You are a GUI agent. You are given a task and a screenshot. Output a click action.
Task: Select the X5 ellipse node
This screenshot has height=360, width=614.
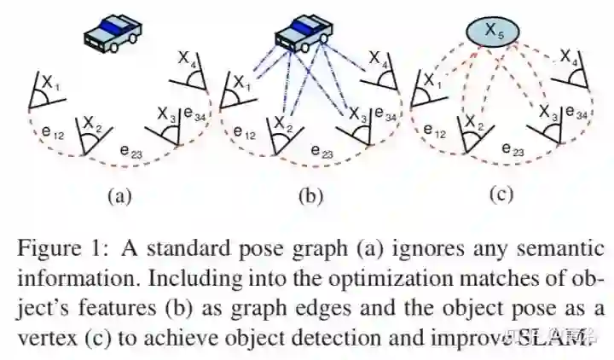[x=489, y=32]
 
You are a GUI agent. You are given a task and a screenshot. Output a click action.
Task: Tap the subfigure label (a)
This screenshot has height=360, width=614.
[x=118, y=196]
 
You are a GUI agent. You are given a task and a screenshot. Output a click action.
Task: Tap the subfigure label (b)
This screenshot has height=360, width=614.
[x=310, y=196]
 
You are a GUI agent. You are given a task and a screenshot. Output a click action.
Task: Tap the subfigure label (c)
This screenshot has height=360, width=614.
[x=501, y=195]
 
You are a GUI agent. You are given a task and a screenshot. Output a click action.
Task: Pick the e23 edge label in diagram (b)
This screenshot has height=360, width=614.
[x=321, y=151]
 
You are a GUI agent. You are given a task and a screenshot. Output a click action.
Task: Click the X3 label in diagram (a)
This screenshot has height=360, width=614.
[x=166, y=112]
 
